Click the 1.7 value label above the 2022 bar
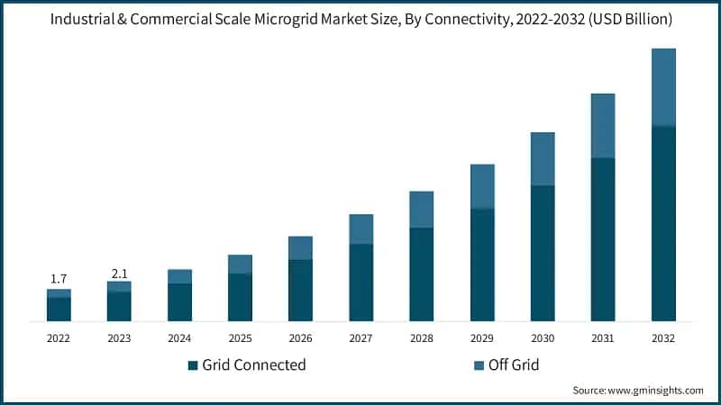pos(59,279)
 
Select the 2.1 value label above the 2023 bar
pos(119,272)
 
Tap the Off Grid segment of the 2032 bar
pos(663,87)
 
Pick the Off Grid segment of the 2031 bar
pos(603,126)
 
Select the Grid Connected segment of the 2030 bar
pos(543,253)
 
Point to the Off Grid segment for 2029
pos(482,186)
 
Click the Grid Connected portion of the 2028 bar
pos(422,274)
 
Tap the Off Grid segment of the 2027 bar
pos(361,229)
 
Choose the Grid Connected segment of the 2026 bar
pos(300,290)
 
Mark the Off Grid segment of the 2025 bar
pos(240,264)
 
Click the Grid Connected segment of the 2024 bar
pos(179,302)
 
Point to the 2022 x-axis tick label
pos(59,338)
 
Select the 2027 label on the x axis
pos(361,338)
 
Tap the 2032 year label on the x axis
pos(663,338)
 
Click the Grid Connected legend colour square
pos(192,365)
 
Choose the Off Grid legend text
pos(514,365)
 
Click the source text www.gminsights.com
pos(654,391)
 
